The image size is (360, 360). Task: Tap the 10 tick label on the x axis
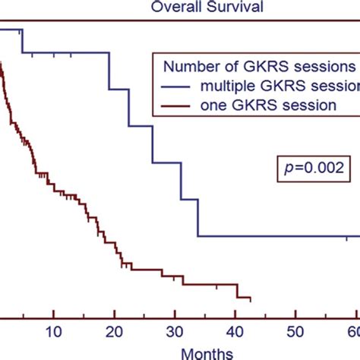[x=53, y=330]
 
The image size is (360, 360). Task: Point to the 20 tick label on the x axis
[x=114, y=330]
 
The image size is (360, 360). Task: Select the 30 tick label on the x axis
[x=175, y=330]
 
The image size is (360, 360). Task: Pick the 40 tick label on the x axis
[x=235, y=330]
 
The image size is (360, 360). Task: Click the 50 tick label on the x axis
[x=296, y=330]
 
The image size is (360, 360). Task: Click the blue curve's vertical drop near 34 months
[x=199, y=218]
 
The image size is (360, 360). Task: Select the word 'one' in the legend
[x=209, y=106]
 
